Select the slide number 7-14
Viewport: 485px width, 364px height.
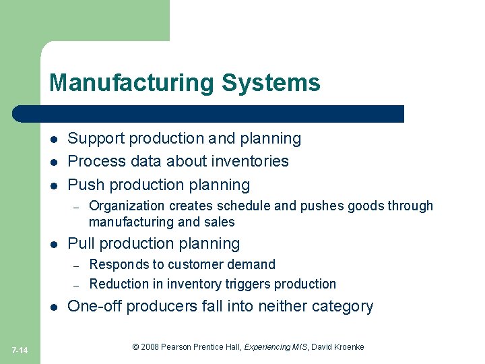tap(20, 349)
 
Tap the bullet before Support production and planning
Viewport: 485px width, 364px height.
tap(53, 140)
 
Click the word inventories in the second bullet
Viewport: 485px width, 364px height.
tap(250, 161)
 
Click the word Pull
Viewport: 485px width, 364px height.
tap(84, 243)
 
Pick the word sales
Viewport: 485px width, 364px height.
tap(220, 222)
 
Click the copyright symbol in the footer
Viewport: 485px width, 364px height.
tap(136, 347)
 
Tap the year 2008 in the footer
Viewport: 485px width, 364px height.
tap(150, 347)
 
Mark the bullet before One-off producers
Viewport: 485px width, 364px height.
tap(53, 307)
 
